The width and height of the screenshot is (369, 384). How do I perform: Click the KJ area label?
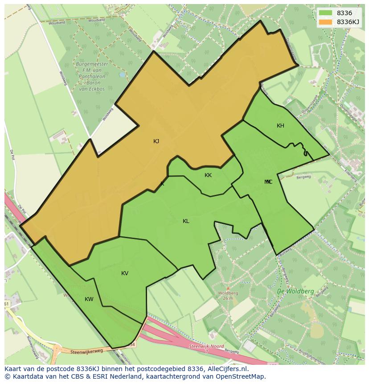(x=156, y=141)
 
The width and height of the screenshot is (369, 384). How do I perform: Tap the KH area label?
(x=280, y=126)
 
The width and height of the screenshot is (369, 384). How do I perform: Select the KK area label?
(x=208, y=175)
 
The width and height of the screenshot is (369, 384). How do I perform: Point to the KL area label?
(x=186, y=221)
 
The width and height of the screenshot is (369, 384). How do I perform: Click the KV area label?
(x=125, y=273)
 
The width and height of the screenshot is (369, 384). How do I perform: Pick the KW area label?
(x=89, y=299)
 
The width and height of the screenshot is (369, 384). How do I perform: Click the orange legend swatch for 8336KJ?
(x=326, y=22)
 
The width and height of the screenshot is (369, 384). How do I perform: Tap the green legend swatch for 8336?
(x=326, y=13)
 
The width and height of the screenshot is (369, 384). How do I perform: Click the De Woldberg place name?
(x=295, y=291)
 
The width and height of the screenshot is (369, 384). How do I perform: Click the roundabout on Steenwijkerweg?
(x=57, y=350)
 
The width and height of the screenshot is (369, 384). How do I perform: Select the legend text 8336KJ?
(x=348, y=22)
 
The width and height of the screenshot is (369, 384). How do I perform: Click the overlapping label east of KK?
(x=268, y=182)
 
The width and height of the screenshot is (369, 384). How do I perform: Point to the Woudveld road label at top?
(x=97, y=20)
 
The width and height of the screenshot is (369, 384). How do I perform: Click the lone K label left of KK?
(x=162, y=184)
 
